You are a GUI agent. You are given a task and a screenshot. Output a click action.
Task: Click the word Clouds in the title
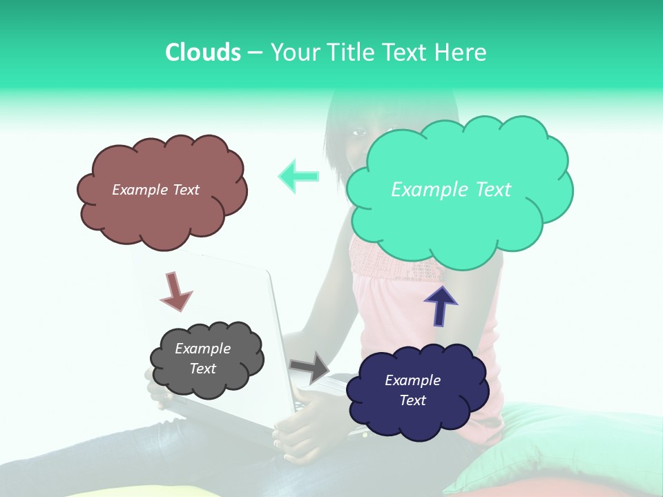pos(202,52)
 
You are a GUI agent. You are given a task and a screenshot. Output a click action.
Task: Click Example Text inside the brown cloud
pos(155,190)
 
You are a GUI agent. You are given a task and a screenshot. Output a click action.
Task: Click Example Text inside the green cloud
pos(451,190)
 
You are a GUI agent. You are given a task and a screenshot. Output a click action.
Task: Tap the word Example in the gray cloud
pos(202,349)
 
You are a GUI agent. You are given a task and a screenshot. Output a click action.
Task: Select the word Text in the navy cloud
pos(412,400)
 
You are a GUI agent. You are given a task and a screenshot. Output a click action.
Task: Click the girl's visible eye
pos(359,132)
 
